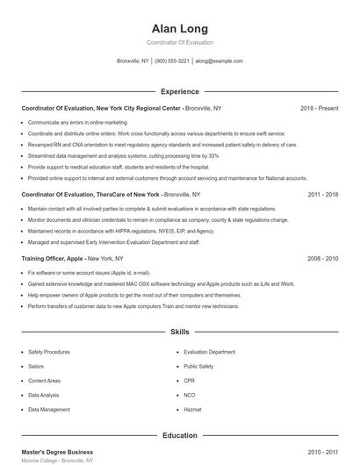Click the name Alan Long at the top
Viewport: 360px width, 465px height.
click(180, 28)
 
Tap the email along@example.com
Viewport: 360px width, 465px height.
click(219, 61)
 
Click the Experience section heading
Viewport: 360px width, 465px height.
click(180, 91)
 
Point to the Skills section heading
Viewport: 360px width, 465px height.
click(180, 333)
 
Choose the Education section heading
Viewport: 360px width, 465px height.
click(180, 435)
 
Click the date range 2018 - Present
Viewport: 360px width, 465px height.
click(319, 108)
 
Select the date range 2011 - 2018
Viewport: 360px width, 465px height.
click(322, 194)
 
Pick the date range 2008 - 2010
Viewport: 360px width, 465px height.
click(322, 259)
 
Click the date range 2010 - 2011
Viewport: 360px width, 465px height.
click(322, 452)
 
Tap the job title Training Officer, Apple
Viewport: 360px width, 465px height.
click(54, 259)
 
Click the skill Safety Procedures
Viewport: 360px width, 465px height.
click(49, 351)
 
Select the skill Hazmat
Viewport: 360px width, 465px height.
click(192, 409)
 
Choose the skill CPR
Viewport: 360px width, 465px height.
click(189, 380)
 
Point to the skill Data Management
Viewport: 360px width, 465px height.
click(49, 409)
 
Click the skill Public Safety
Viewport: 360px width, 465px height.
click(198, 366)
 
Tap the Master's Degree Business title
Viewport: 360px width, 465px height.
click(56, 452)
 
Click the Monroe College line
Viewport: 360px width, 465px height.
click(56, 461)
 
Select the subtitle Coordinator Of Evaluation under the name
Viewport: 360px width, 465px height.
click(180, 42)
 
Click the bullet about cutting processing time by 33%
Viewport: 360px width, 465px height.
click(123, 155)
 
